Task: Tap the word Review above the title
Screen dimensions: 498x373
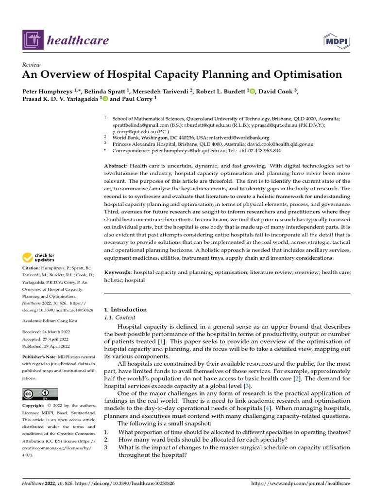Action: click(31, 65)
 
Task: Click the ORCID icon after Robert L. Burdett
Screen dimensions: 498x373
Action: click(252, 91)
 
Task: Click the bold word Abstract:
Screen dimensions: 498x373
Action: click(116, 166)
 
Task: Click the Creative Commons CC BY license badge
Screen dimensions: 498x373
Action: click(40, 394)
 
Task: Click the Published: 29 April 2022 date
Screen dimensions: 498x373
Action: click(46, 346)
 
